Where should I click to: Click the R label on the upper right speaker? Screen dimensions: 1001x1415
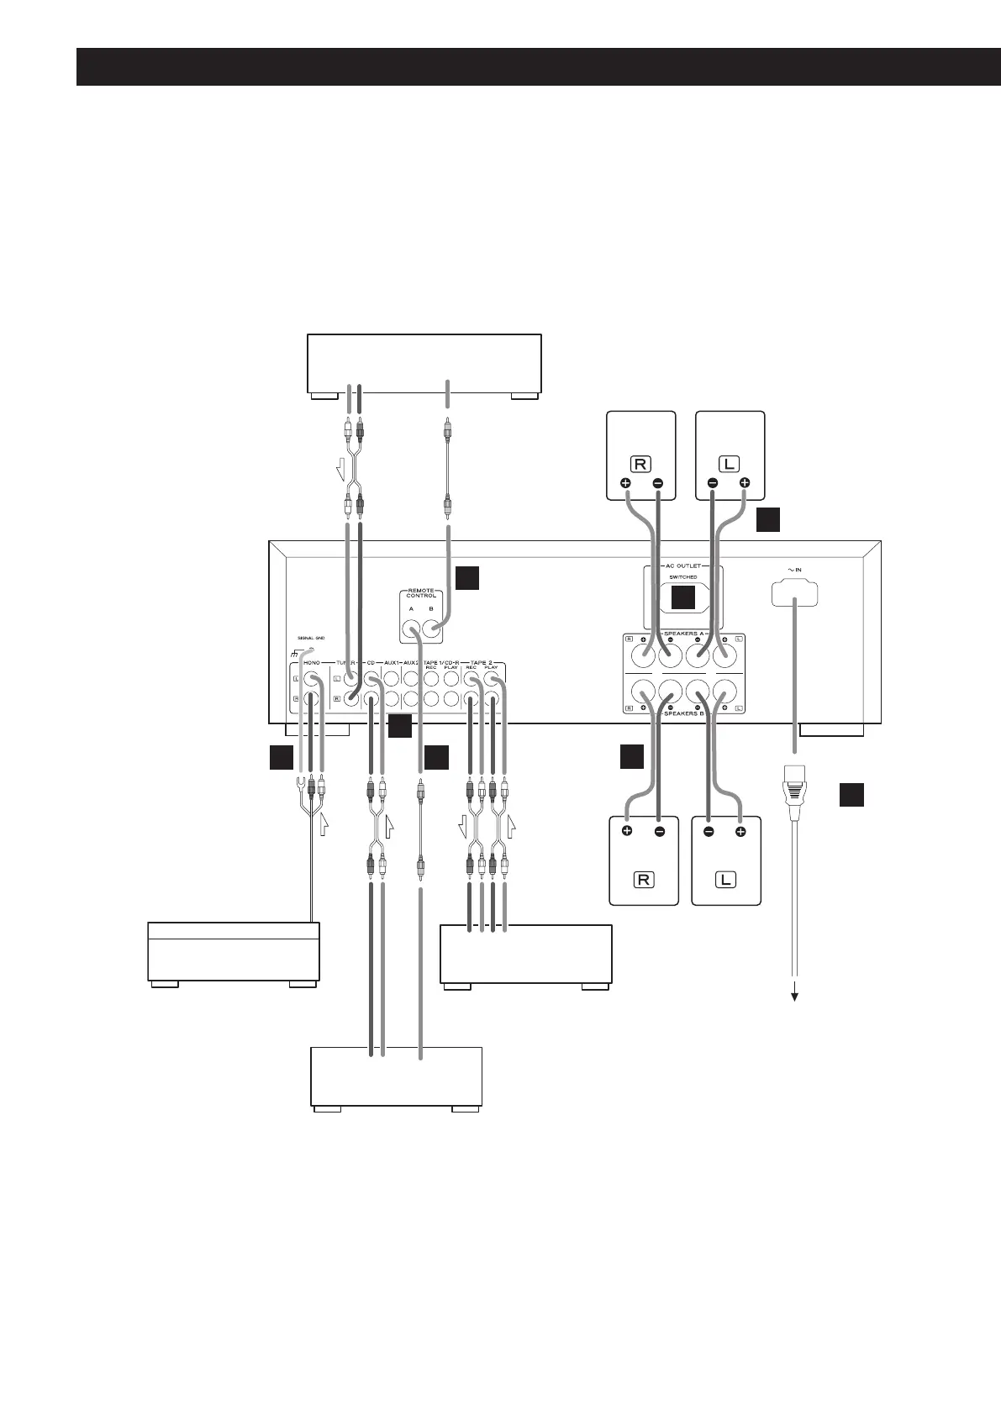pos(641,463)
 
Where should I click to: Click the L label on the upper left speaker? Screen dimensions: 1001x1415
pos(729,463)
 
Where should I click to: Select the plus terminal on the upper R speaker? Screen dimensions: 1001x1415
pos(626,484)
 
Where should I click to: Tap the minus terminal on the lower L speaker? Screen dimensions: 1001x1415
pos(709,833)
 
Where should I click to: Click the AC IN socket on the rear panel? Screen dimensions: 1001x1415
pos(794,593)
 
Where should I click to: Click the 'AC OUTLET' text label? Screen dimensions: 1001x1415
pos(682,565)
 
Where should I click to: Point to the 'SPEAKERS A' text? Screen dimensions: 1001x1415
pos(682,633)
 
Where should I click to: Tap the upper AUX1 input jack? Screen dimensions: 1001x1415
pos(391,679)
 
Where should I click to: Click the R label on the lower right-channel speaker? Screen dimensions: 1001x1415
pos(643,881)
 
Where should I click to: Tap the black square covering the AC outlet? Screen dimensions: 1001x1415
pos(682,597)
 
